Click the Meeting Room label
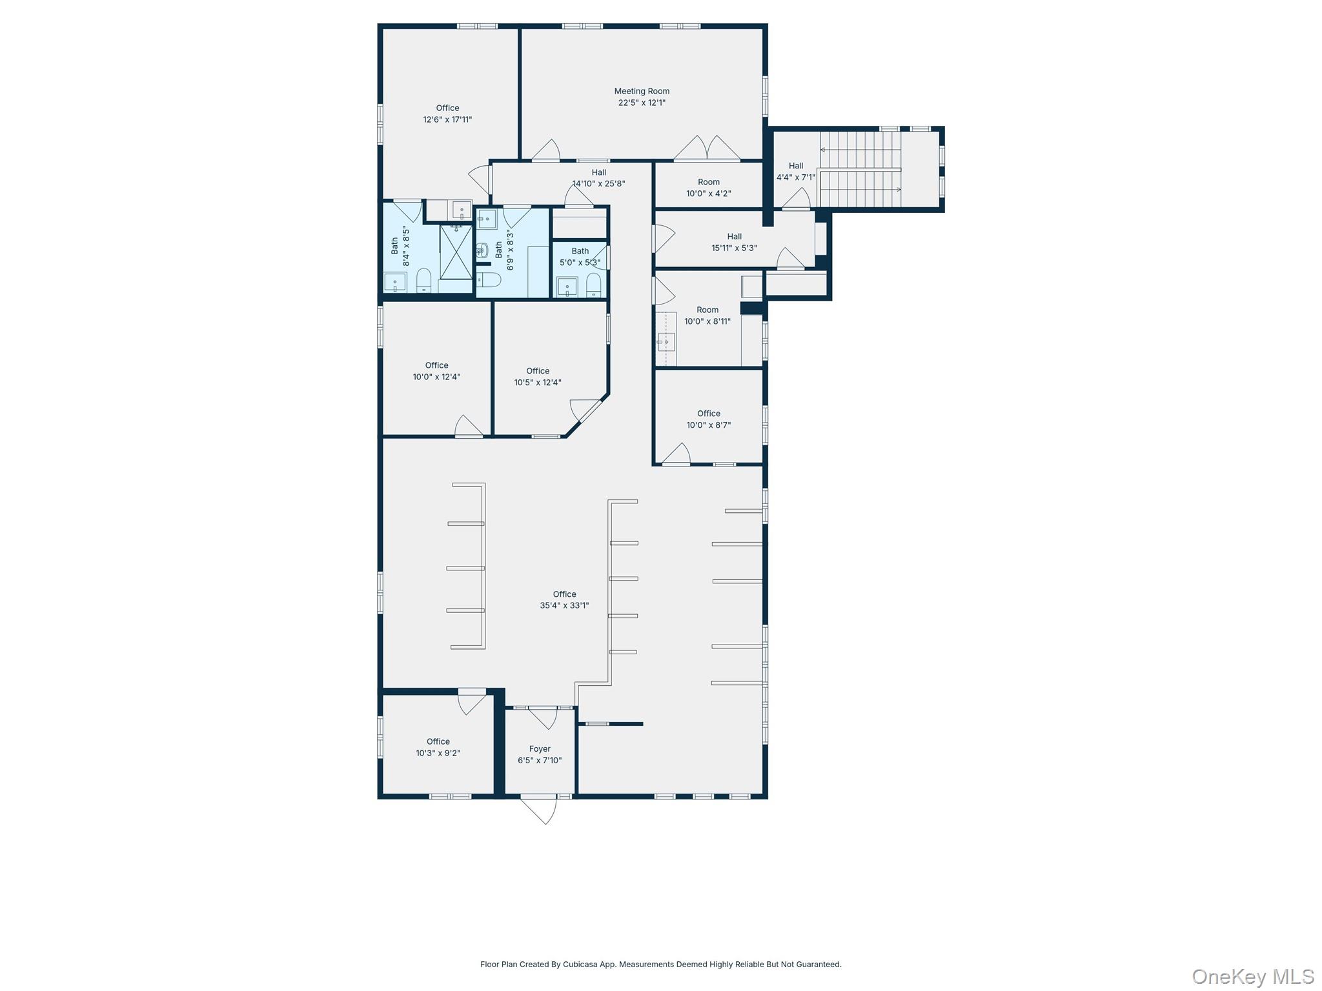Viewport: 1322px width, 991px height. pos(642,91)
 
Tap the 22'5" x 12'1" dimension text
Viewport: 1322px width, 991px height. pos(642,103)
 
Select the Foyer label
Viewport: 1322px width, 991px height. pos(540,749)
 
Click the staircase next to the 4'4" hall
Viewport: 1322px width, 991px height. pos(860,169)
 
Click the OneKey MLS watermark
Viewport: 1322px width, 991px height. pos(1252,977)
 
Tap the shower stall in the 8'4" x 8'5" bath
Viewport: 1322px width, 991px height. pos(456,252)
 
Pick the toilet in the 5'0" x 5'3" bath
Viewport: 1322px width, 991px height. pos(593,285)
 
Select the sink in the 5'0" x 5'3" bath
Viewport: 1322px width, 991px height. pos(567,286)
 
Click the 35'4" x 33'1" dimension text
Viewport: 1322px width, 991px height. pos(564,606)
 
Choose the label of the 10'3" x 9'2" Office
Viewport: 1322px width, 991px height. pos(438,741)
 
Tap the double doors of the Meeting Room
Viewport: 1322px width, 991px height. pos(707,148)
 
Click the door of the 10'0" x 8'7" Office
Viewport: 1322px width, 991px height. pos(676,454)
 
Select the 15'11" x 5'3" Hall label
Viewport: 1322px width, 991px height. pos(734,242)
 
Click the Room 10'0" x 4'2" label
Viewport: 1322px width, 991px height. pos(708,188)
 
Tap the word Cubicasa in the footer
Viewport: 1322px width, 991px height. pos(580,965)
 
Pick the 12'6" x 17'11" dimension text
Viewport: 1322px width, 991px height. pos(447,119)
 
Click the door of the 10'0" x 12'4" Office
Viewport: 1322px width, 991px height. pos(469,426)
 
